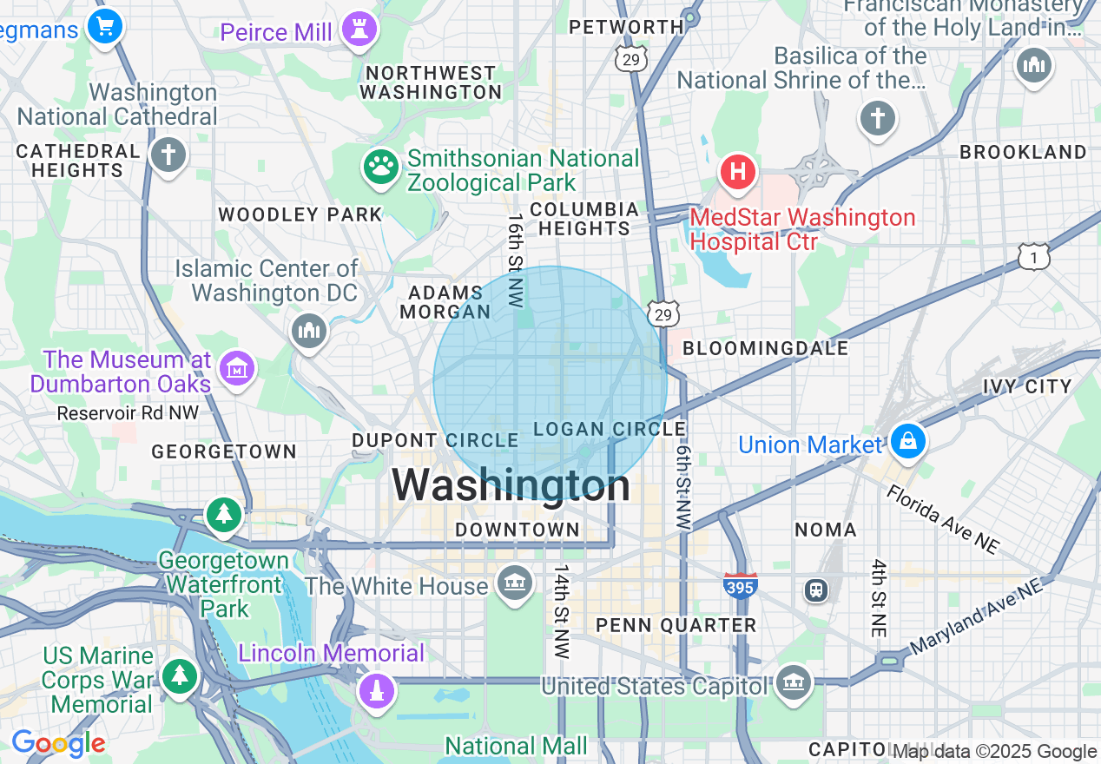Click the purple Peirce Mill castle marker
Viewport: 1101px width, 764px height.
click(359, 30)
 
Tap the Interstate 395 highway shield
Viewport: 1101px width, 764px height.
click(740, 585)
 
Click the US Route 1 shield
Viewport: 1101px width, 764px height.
click(1034, 257)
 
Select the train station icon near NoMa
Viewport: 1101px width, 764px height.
click(815, 590)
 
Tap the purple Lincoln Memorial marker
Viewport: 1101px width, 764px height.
click(377, 691)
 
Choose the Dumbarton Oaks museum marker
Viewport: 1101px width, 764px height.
click(236, 370)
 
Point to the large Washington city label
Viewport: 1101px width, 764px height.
click(511, 485)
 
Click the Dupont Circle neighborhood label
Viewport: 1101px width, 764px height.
click(435, 441)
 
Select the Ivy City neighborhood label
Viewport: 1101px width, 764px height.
click(1027, 386)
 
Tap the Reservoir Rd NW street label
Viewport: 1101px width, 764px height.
click(128, 413)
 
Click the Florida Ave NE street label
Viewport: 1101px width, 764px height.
click(942, 519)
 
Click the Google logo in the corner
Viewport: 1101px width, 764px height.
click(58, 744)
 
